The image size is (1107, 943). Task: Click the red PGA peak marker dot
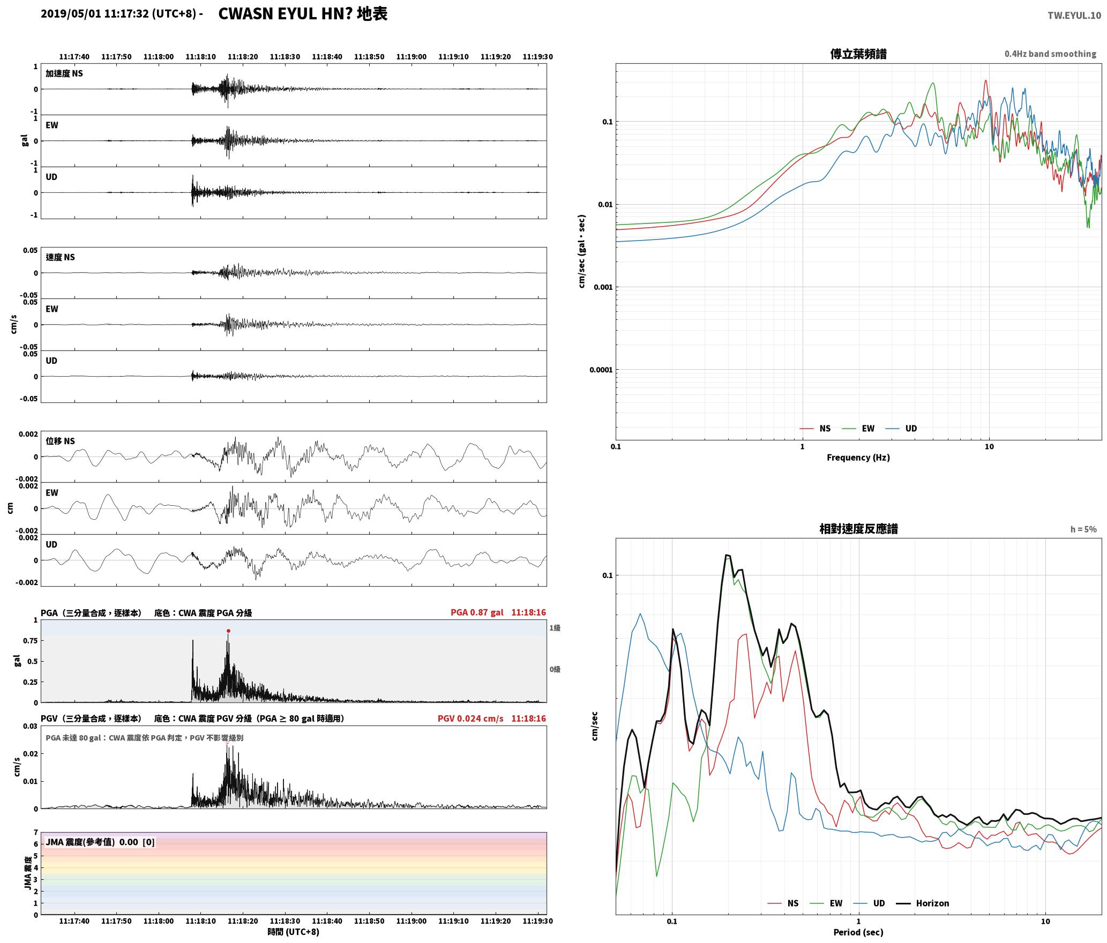point(228,631)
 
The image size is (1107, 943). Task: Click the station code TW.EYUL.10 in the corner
point(1074,16)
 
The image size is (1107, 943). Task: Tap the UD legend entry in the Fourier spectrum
point(901,429)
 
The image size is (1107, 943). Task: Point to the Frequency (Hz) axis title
point(858,458)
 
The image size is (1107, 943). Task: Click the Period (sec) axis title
point(858,932)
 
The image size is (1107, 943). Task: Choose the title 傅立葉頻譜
point(858,54)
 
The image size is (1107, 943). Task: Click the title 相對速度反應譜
point(858,529)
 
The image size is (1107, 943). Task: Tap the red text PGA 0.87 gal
point(477,612)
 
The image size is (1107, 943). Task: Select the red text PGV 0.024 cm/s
point(470,719)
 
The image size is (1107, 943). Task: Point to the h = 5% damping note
point(1083,529)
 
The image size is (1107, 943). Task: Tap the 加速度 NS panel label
point(64,73)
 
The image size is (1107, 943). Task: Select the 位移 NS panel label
point(60,441)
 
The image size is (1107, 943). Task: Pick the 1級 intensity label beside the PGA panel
point(555,628)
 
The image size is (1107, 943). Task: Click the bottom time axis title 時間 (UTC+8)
point(294,932)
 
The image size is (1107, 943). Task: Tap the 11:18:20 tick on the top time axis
point(243,56)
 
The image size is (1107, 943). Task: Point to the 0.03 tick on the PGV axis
point(31,727)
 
